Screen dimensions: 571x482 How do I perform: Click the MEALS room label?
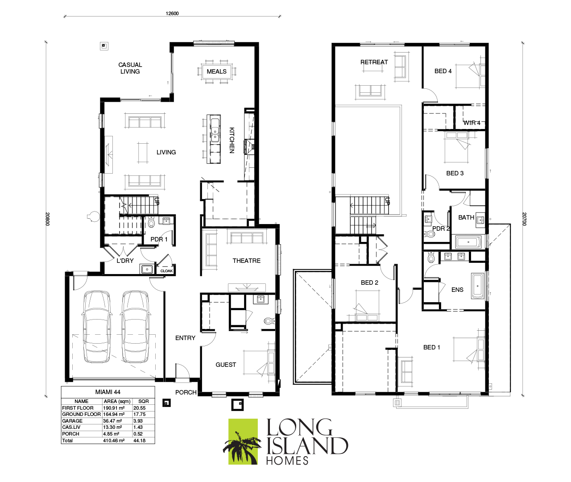point(216,71)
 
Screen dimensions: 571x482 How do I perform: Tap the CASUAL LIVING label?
point(130,68)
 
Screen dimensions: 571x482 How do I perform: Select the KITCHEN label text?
point(232,140)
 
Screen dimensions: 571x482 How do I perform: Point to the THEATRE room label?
point(246,261)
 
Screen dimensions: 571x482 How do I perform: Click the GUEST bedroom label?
point(226,365)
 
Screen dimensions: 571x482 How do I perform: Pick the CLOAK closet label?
point(166,271)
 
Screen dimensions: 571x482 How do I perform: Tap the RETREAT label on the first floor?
point(374,62)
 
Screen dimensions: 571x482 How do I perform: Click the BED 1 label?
point(431,347)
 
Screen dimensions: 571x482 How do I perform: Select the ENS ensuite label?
point(457,290)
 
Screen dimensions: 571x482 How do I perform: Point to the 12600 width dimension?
point(172,13)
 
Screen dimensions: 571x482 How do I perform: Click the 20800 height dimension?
point(47,219)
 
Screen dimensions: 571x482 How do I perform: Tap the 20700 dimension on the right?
point(524,219)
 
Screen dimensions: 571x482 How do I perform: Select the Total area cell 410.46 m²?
point(114,440)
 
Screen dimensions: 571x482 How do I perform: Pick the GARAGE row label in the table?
point(72,421)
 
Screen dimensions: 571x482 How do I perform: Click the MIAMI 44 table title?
point(108,392)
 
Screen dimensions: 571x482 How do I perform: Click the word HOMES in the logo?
point(287,461)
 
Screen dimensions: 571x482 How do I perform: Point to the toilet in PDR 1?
point(151,222)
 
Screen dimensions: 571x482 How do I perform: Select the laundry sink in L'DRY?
point(147,269)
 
